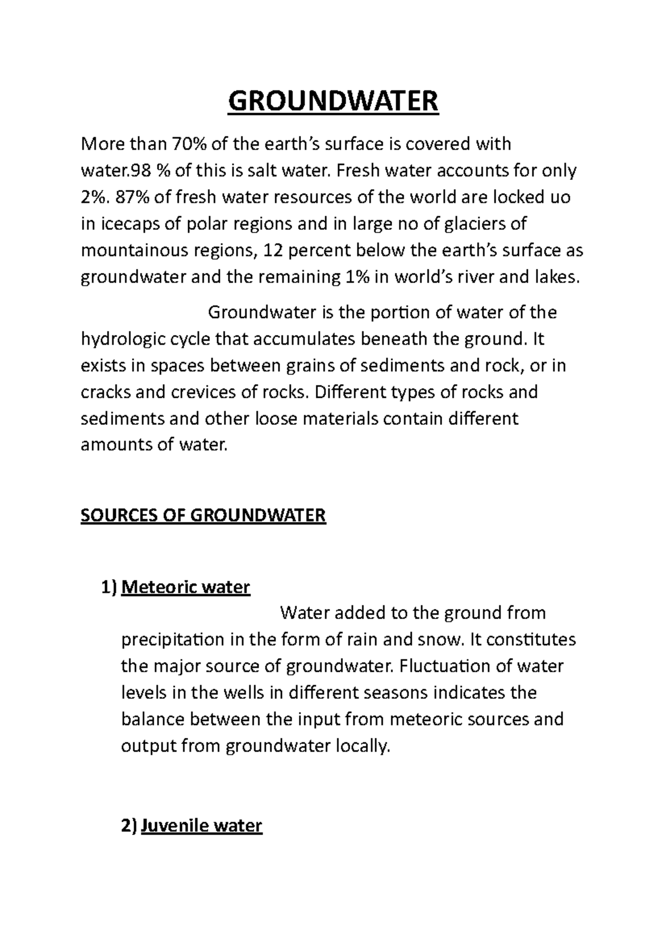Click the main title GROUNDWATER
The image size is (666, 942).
click(333, 102)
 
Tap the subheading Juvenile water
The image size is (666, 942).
click(201, 825)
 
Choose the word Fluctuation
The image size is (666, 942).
click(443, 666)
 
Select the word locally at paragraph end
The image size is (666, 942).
click(364, 746)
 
